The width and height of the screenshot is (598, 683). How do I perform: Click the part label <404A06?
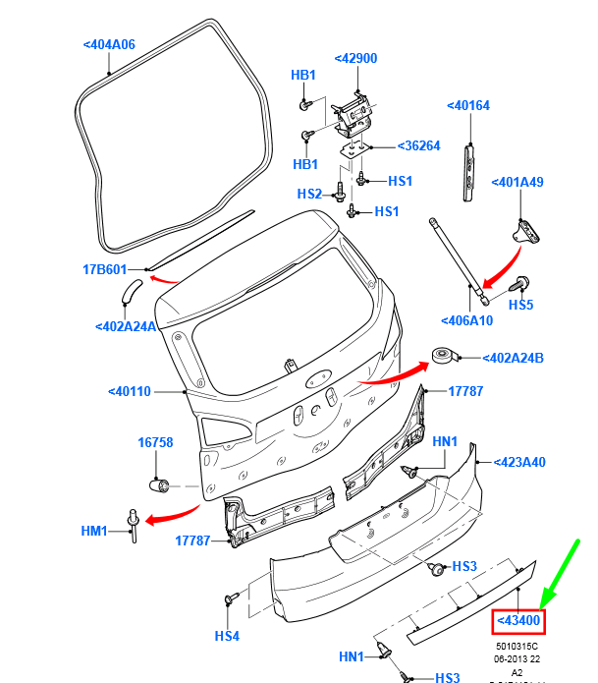pyautogui.click(x=109, y=44)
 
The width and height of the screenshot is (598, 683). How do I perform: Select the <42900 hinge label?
pyautogui.click(x=355, y=58)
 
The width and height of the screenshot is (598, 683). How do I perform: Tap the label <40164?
pyautogui.click(x=468, y=105)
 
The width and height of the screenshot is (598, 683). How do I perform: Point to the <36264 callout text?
pyautogui.click(x=419, y=146)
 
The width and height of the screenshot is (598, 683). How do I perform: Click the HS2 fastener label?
pyautogui.click(x=309, y=194)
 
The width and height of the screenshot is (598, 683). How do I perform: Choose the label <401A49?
pyautogui.click(x=517, y=182)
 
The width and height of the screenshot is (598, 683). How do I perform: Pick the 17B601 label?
pyautogui.click(x=104, y=269)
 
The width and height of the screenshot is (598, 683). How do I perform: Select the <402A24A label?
pyautogui.click(x=126, y=326)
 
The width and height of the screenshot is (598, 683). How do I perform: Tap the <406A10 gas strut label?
pyautogui.click(x=467, y=320)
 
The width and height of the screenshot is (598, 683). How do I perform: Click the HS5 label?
pyautogui.click(x=520, y=305)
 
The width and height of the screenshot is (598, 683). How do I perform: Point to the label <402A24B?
pyautogui.click(x=515, y=358)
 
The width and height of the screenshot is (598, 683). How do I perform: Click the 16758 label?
pyautogui.click(x=155, y=443)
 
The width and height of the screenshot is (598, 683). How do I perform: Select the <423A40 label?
pyautogui.click(x=519, y=462)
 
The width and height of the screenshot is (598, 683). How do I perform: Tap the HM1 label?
pyautogui.click(x=94, y=531)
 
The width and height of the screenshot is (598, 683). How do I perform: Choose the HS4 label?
pyautogui.click(x=228, y=636)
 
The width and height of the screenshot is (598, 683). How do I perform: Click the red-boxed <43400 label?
pyautogui.click(x=517, y=620)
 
